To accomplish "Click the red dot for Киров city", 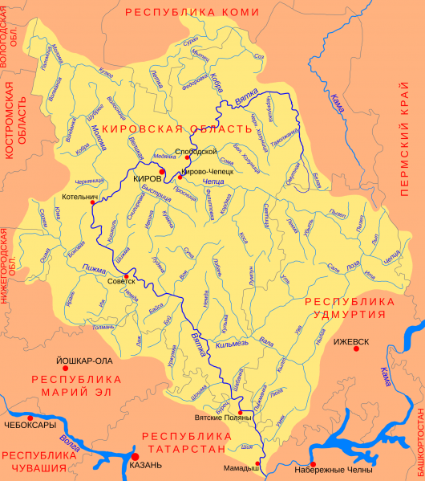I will [162, 171].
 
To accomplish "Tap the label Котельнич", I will [79, 195].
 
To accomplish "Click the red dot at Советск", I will [126, 276].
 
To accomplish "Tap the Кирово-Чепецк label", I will [208, 171].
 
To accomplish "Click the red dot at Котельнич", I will [93, 202].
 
